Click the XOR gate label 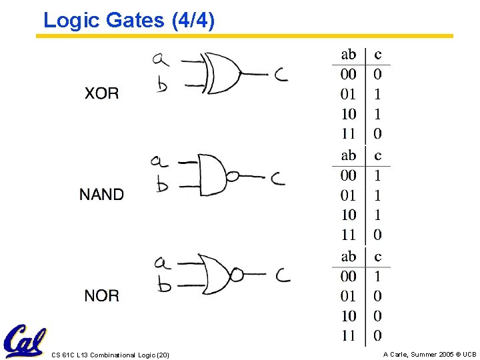point(101,93)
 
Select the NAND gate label point(101,195)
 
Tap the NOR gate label point(101,295)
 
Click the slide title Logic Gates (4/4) point(129,21)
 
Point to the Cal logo point(25,341)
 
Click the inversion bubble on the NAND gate point(233,177)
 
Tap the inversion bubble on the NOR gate point(237,274)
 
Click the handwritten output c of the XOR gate point(281,75)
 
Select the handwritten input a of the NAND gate point(159,161)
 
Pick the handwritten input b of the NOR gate point(163,285)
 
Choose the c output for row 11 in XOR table point(378,134)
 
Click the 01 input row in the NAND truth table point(348,195)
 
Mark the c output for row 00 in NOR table point(378,276)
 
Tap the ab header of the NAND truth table point(348,155)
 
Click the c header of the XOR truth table point(378,55)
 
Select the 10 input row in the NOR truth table point(348,316)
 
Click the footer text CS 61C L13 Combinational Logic point(111,355)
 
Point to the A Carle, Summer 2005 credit point(429,355)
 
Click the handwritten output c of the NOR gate point(283,274)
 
